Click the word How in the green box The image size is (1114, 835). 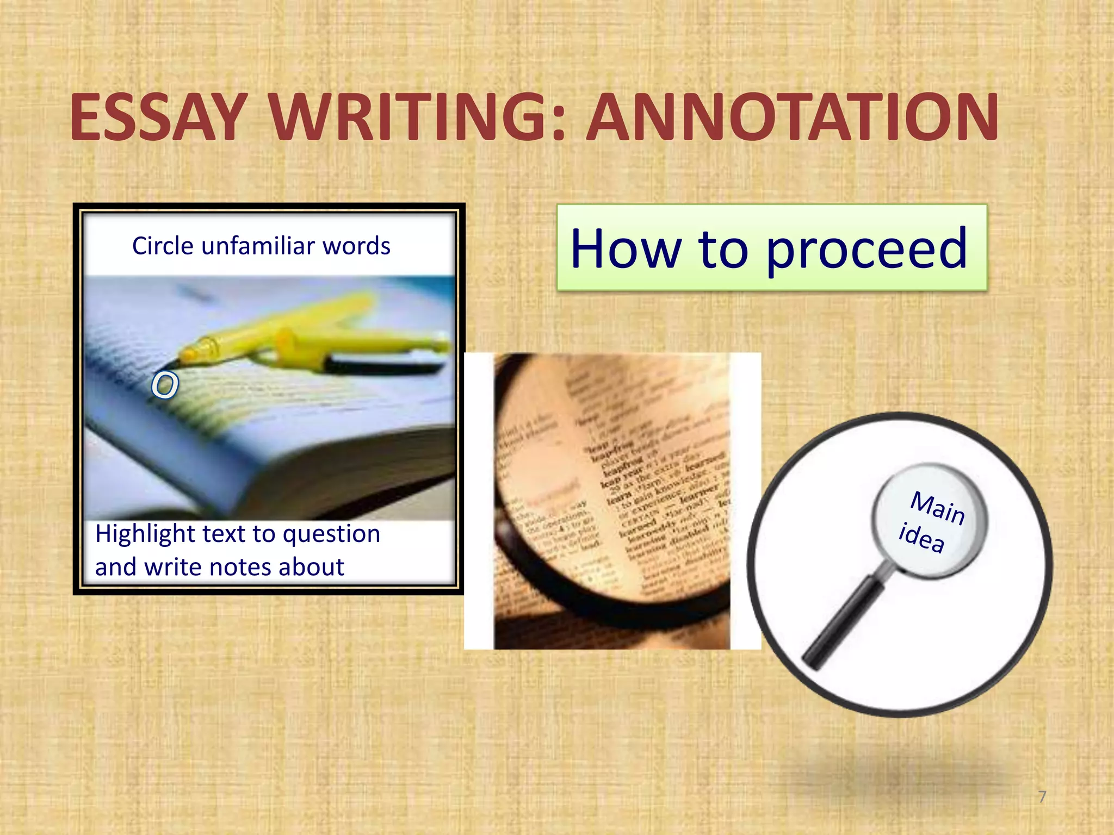pos(626,248)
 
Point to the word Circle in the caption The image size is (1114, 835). pos(163,246)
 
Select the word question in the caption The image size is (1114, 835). pos(331,534)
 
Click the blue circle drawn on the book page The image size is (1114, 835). pos(164,385)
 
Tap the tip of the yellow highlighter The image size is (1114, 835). pos(173,363)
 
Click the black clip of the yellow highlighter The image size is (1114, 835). pos(381,364)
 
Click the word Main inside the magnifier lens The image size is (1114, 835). pos(937,508)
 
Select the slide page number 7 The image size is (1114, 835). pos(1042,797)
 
